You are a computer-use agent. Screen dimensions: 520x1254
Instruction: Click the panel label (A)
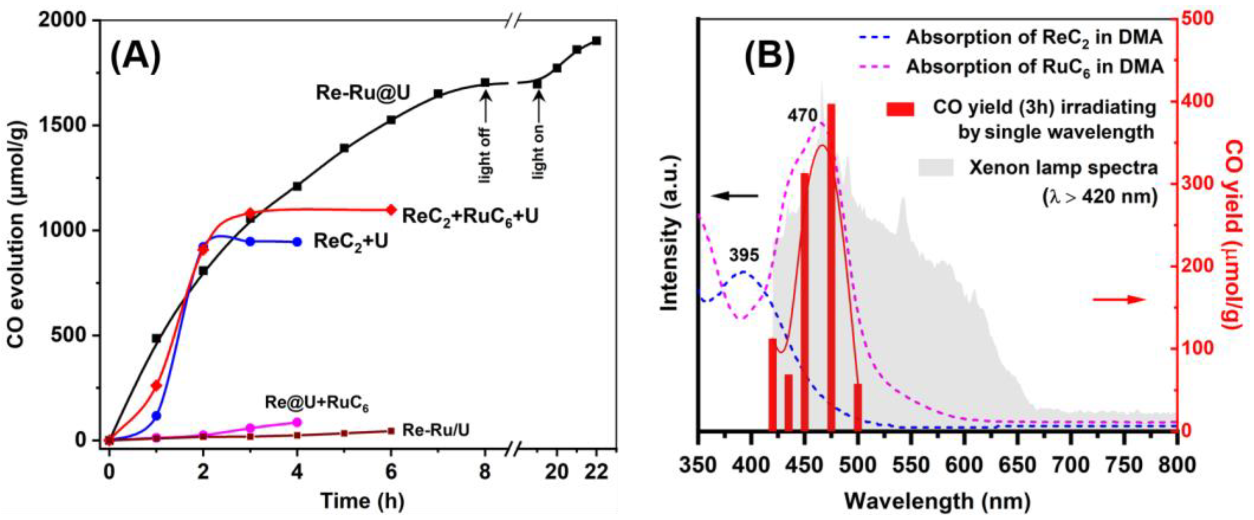tap(136, 58)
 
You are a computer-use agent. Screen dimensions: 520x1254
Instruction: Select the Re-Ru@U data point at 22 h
tap(596, 41)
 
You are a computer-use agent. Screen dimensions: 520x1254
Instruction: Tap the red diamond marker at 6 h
tap(391, 210)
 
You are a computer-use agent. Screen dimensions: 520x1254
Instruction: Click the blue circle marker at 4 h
tap(297, 242)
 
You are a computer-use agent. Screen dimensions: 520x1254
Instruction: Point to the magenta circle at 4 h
tap(297, 422)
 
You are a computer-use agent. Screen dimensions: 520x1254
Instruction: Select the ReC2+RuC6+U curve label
tap(470, 216)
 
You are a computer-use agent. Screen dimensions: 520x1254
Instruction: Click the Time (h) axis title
tap(362, 501)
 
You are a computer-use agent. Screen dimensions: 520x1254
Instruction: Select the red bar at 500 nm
tap(858, 407)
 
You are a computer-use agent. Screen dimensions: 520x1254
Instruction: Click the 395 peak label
tap(743, 254)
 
